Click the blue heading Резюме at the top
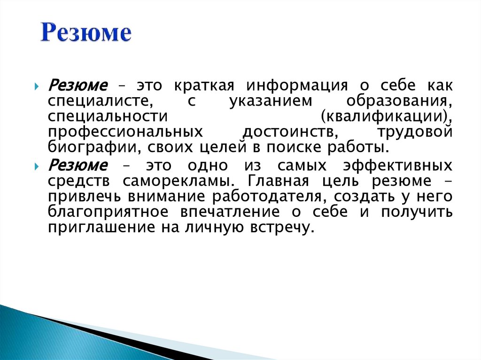click(85, 34)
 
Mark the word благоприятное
click(108, 212)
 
